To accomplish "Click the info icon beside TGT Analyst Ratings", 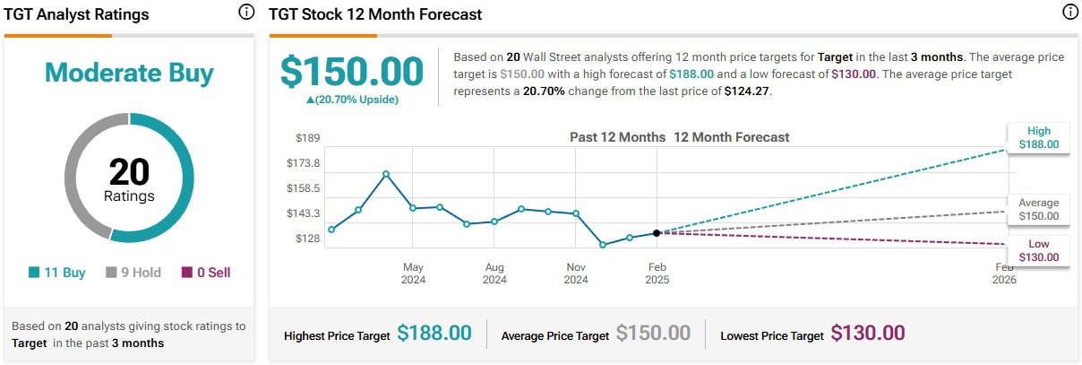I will (x=246, y=13).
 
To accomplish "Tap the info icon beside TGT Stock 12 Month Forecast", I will (x=1069, y=13).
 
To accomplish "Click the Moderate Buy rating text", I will (x=129, y=73).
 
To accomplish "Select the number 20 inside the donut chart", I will (x=129, y=171).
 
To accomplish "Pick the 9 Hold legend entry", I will (x=133, y=273).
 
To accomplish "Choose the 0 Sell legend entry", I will (x=206, y=273).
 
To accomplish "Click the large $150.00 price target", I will (x=352, y=72).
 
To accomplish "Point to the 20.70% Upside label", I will (x=352, y=100).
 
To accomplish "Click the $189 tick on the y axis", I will (x=308, y=137).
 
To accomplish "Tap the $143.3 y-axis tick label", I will (x=303, y=213).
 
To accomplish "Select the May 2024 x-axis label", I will (x=413, y=274).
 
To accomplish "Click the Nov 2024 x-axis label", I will (x=576, y=274).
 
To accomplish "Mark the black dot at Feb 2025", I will (x=657, y=233).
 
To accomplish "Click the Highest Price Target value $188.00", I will (x=434, y=334).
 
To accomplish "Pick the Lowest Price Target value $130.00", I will (x=867, y=334).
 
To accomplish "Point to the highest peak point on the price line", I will (x=386, y=173).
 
